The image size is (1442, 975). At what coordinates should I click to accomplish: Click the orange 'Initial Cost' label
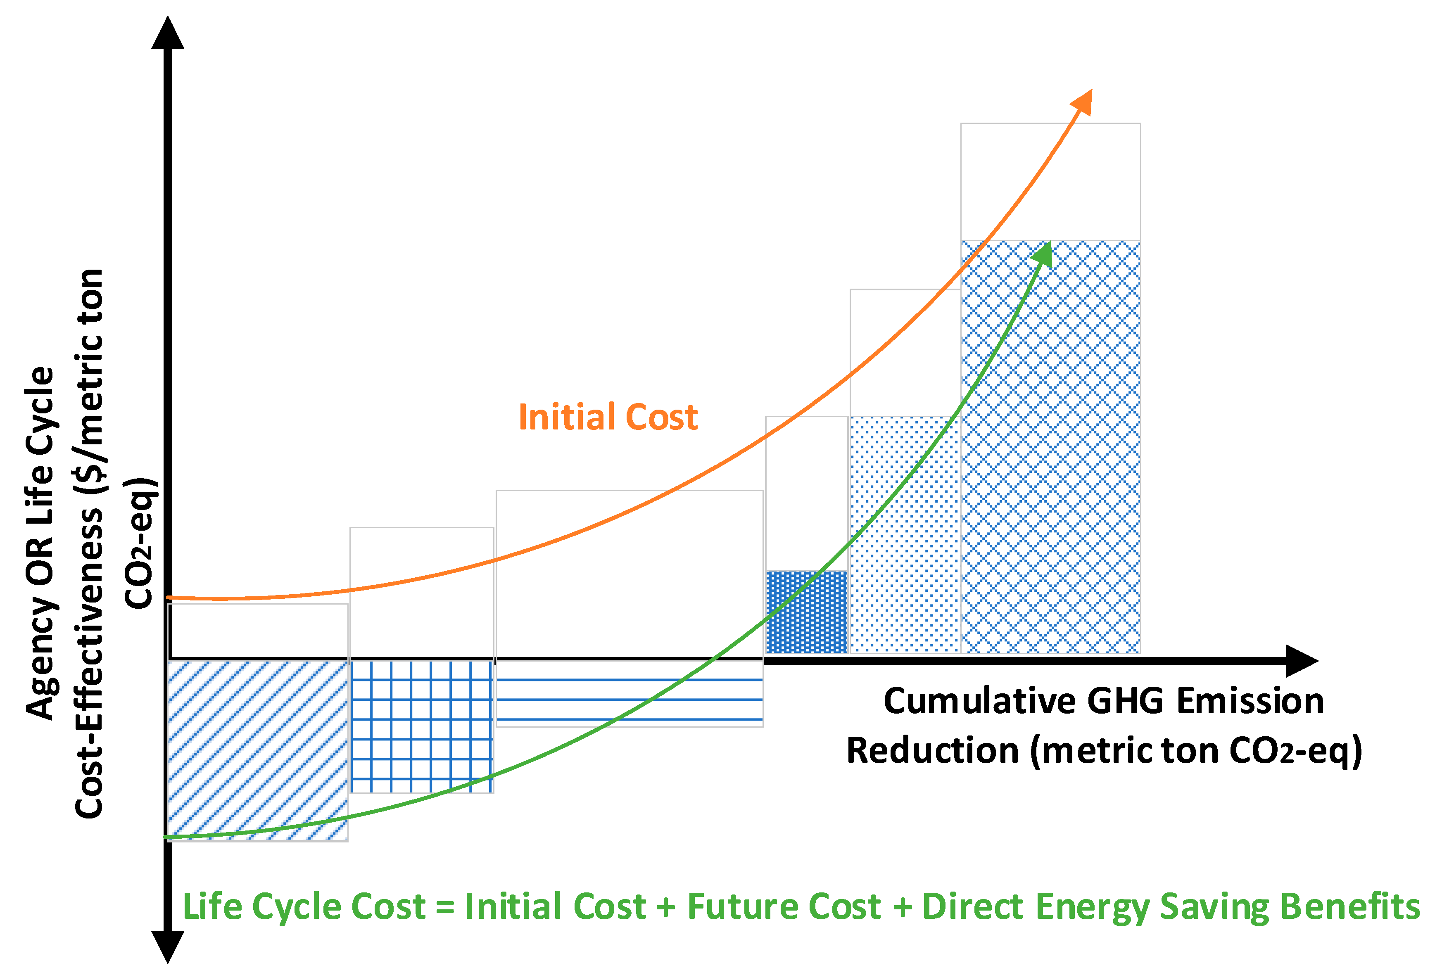608,417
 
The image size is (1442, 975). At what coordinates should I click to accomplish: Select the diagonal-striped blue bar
257,750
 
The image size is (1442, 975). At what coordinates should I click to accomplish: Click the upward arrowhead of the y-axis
168,34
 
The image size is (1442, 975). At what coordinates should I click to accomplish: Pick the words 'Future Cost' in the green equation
784,907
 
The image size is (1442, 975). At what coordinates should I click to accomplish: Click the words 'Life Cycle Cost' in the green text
304,907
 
